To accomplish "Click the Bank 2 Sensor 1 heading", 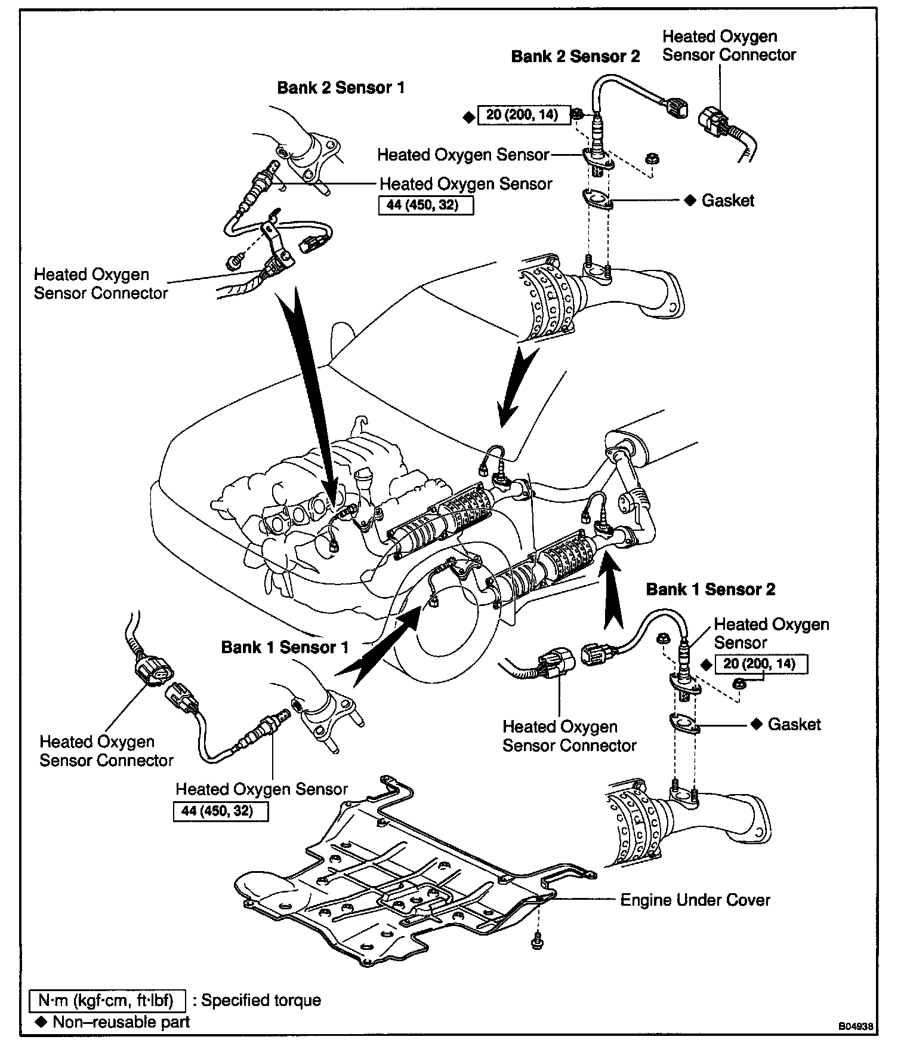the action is (x=341, y=88).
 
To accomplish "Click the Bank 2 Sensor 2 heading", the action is (x=575, y=57).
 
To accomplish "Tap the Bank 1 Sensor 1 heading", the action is (x=285, y=647).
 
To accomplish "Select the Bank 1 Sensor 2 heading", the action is (x=711, y=590).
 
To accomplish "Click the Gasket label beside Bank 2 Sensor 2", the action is (x=728, y=201).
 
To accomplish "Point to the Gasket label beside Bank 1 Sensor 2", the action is (x=794, y=724).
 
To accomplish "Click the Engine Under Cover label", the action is (x=695, y=900).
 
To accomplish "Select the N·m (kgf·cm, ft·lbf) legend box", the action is (x=107, y=1000).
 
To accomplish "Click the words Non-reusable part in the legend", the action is (x=121, y=1022).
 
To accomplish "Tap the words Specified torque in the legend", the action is (x=261, y=1000).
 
